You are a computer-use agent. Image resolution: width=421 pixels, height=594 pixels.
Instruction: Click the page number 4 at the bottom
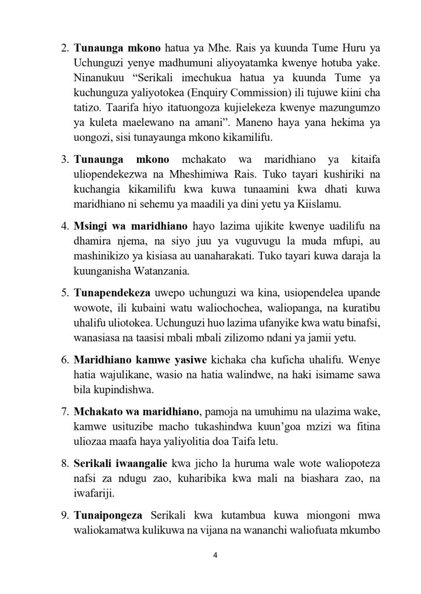click(215, 555)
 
